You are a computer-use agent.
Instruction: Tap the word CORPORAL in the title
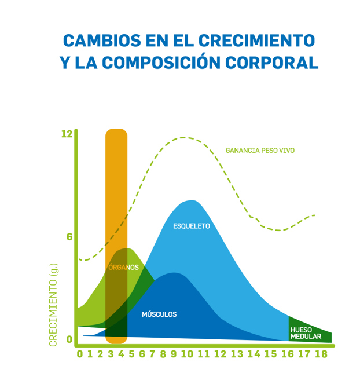tap(278, 62)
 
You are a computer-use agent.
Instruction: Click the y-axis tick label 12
tap(67, 134)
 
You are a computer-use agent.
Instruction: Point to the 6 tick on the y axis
tap(69, 237)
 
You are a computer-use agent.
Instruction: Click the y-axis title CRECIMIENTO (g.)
tap(53, 304)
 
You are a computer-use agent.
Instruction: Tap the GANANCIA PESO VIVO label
tap(260, 151)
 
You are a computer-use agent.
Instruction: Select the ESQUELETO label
tap(192, 226)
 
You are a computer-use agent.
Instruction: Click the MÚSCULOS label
tap(159, 314)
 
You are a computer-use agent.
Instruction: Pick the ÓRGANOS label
tap(123, 268)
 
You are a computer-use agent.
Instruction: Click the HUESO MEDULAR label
tap(304, 332)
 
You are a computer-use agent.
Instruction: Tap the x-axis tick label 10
tap(186, 354)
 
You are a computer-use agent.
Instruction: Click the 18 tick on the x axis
tap(321, 354)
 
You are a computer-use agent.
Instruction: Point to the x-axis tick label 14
tap(254, 354)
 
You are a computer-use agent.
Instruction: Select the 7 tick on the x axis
tap(152, 354)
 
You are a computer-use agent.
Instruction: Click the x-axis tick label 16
tap(288, 354)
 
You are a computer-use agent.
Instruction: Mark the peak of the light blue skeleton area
tap(190, 201)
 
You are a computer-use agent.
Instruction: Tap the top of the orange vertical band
tap(116, 130)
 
